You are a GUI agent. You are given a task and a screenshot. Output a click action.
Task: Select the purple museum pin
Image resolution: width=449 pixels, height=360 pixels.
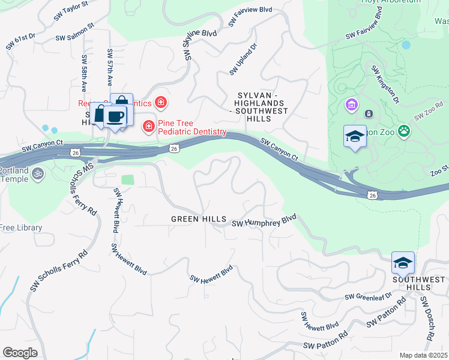(x=351, y=106)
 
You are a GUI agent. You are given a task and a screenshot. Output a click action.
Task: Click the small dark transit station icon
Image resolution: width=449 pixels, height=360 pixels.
(x=369, y=113)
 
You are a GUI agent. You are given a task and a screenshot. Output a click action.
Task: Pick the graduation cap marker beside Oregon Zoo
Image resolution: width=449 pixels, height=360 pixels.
(x=355, y=137)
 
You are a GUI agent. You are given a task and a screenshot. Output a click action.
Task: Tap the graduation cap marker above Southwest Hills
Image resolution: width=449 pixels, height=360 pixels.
(x=403, y=262)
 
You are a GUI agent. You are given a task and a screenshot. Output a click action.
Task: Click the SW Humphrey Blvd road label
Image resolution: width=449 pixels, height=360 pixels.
(x=264, y=221)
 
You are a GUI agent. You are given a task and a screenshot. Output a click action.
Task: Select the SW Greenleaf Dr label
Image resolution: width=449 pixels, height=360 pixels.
(x=368, y=296)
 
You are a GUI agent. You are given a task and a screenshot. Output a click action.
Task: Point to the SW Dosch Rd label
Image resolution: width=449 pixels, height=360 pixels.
(x=427, y=318)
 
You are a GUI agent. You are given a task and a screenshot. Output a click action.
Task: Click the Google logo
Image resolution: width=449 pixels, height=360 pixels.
(x=20, y=353)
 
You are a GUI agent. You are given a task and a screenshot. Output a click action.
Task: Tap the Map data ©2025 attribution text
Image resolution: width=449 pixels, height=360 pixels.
(x=423, y=355)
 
